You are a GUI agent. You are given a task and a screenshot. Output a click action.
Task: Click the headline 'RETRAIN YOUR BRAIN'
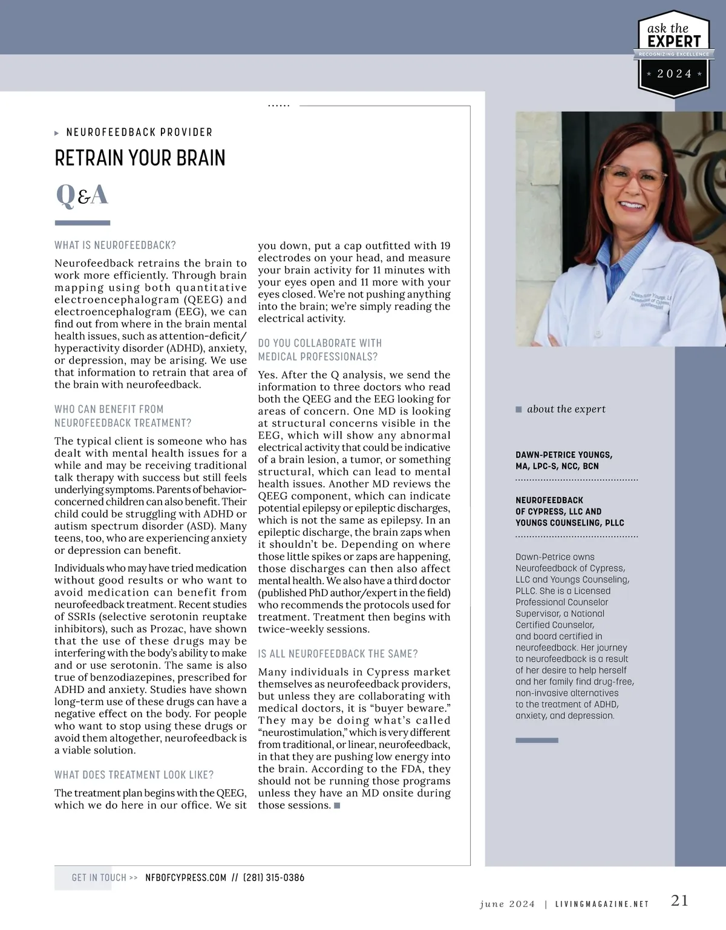click(140, 158)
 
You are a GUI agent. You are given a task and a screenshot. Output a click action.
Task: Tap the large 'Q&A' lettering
click(82, 195)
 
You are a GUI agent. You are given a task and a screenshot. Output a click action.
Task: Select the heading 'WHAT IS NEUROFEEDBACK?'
click(115, 245)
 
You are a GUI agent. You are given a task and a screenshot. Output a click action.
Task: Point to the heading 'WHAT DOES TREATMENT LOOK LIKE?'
click(134, 775)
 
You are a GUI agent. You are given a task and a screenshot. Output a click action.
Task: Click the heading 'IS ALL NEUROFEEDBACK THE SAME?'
click(338, 654)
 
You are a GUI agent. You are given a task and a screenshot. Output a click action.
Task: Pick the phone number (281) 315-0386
click(273, 877)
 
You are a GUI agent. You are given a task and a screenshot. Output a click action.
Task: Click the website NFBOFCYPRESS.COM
click(186, 877)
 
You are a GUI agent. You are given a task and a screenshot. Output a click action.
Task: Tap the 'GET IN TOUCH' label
click(99, 877)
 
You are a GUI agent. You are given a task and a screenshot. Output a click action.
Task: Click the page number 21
click(679, 900)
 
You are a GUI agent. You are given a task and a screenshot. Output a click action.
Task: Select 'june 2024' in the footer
click(507, 904)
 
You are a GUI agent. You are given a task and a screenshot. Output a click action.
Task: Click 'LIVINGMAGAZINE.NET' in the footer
click(601, 904)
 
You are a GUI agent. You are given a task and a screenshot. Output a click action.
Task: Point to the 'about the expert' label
click(566, 409)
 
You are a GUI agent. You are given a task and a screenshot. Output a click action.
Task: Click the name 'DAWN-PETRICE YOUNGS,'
click(564, 455)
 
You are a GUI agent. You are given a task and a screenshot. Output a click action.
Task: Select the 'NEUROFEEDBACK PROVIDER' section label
click(139, 132)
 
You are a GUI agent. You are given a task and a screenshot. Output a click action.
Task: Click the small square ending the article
click(337, 805)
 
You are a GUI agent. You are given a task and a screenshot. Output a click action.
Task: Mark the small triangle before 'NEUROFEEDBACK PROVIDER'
click(57, 132)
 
